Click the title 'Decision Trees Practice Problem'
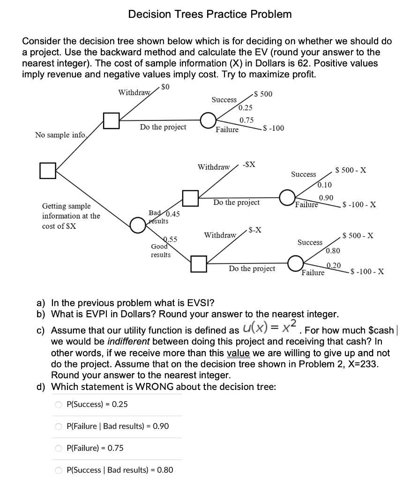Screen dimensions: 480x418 point(210,14)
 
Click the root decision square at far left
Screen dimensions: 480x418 point(47,170)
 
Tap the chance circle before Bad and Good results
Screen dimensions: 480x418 point(137,225)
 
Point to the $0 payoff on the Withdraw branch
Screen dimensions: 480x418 point(165,87)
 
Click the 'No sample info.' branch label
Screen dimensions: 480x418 point(60,135)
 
